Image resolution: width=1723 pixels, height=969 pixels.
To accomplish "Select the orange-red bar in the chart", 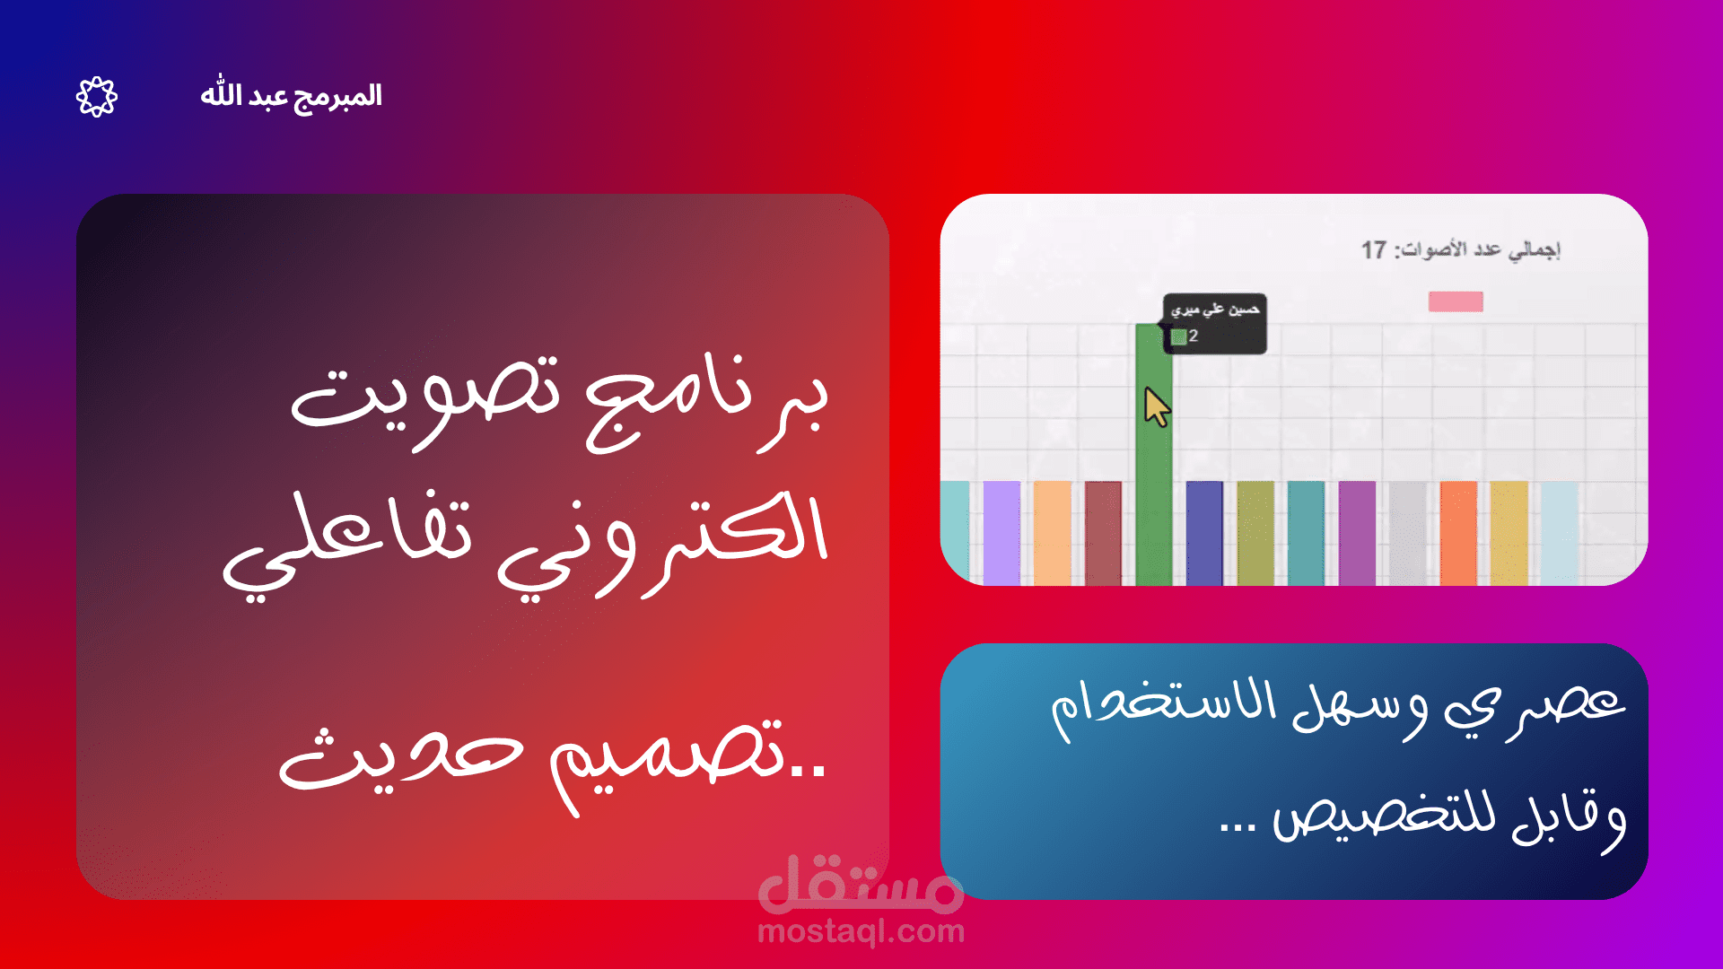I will pyautogui.click(x=1458, y=533).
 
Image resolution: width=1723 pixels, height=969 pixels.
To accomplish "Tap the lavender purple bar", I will pyautogui.click(x=1001, y=533).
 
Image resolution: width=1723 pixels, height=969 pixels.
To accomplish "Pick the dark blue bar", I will pyautogui.click(x=1204, y=533).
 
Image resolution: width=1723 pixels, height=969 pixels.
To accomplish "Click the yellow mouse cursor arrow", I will pyautogui.click(x=1156, y=407).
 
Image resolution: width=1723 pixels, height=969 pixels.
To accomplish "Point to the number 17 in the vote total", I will pyautogui.click(x=1373, y=249).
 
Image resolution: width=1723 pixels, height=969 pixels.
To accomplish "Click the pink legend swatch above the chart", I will pyautogui.click(x=1456, y=301).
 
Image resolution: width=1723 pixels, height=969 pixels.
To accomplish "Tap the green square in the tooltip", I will pyautogui.click(x=1178, y=336).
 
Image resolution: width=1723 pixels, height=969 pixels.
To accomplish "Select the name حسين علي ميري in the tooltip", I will pyautogui.click(x=1215, y=310).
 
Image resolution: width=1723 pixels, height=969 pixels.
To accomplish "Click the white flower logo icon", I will pyautogui.click(x=97, y=97).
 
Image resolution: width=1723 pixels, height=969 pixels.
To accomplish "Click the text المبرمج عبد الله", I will pyautogui.click(x=291, y=96).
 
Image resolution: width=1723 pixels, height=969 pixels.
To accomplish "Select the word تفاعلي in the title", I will pyautogui.click(x=350, y=538).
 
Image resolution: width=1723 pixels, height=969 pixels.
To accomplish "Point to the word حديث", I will pyautogui.click(x=399, y=763).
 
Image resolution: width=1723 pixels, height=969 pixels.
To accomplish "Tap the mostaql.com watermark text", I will pyautogui.click(x=861, y=932).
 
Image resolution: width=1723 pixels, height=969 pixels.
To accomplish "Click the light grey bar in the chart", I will pyautogui.click(x=1407, y=533).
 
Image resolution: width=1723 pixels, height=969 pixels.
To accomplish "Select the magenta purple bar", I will pyautogui.click(x=1357, y=533).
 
